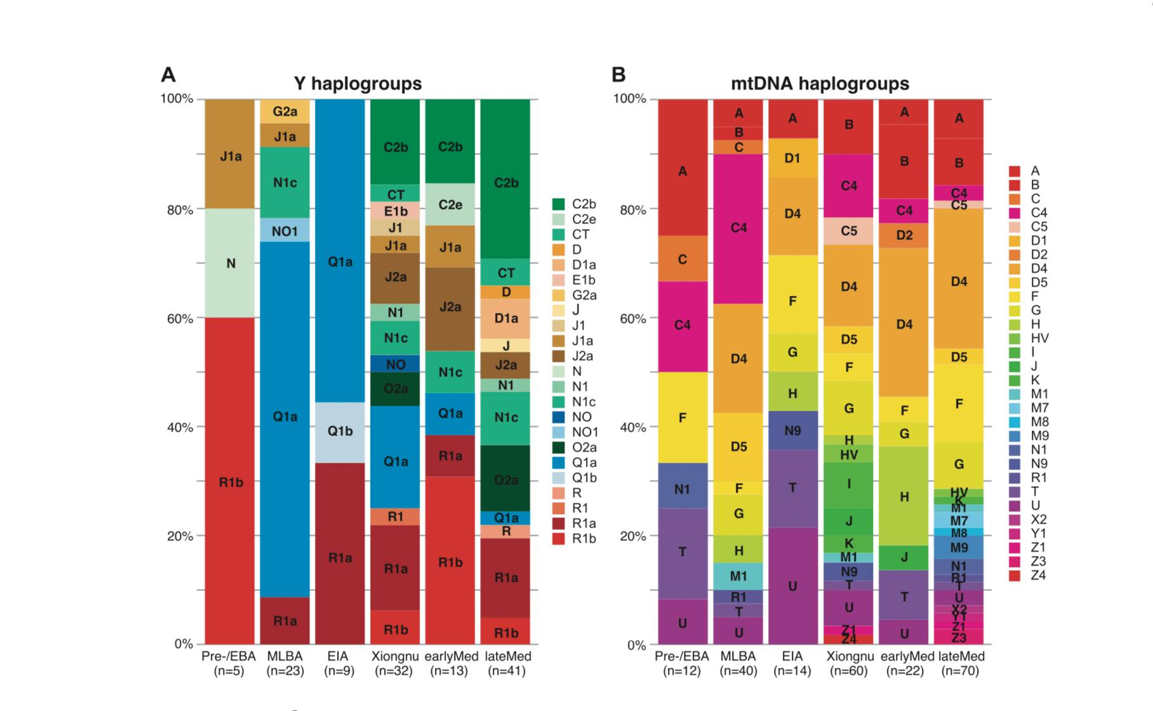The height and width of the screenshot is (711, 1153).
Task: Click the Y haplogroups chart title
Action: (x=357, y=84)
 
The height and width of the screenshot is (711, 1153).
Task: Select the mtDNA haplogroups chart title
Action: (x=820, y=84)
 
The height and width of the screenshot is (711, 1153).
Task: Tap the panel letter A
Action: (x=168, y=75)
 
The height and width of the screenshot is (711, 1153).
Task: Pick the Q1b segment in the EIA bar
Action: (x=340, y=432)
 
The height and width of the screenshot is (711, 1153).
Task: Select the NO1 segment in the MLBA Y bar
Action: (x=284, y=230)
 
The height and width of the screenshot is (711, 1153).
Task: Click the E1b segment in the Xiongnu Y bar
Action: (x=395, y=211)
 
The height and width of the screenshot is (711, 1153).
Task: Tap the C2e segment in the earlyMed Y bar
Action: (x=450, y=204)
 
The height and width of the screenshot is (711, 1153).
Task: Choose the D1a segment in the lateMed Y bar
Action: (x=505, y=318)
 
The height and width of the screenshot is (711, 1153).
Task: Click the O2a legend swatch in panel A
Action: (x=559, y=448)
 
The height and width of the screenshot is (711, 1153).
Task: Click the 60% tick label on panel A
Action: (x=180, y=319)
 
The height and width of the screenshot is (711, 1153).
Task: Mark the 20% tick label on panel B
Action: (x=632, y=536)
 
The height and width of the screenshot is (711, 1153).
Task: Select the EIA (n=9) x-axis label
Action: (x=340, y=663)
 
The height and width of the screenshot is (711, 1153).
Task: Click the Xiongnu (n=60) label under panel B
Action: (x=850, y=663)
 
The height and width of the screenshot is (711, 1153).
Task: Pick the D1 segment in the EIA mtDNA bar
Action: (x=792, y=158)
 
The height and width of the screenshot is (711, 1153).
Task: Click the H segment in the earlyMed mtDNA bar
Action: (x=904, y=496)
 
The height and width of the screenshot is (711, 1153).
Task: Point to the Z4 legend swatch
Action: (x=1015, y=576)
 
